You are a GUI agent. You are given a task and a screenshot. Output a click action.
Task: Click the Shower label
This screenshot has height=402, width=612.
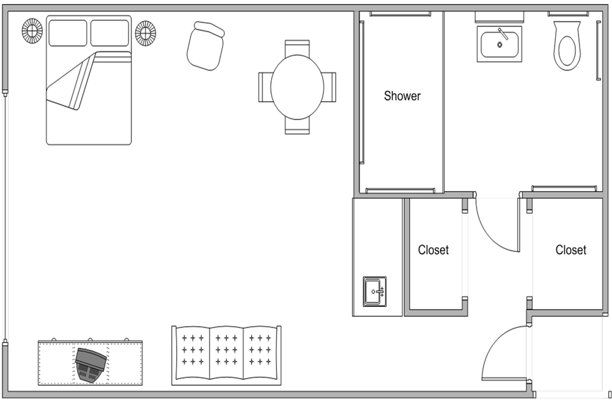[403, 96]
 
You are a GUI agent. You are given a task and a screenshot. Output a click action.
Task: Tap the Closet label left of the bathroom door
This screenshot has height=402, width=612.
[433, 250]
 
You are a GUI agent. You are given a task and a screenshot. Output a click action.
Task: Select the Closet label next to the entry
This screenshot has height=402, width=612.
[570, 250]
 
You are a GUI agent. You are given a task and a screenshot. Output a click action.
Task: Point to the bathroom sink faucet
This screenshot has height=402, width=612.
[502, 34]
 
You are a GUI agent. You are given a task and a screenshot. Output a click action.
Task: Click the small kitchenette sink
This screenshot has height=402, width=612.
[375, 292]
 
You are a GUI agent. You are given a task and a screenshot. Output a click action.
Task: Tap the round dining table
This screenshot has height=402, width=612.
[297, 87]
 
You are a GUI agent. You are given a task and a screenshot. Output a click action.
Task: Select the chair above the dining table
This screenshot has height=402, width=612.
[297, 47]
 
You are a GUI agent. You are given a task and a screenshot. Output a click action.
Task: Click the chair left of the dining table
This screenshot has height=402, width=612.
[265, 87]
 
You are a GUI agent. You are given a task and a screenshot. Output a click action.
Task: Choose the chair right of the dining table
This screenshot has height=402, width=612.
[329, 87]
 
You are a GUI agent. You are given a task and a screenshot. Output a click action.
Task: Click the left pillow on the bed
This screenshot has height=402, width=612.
[68, 33]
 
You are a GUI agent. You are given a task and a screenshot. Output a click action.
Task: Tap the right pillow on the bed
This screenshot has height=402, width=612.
[110, 33]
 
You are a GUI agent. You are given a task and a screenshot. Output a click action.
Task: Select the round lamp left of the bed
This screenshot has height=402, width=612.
[32, 31]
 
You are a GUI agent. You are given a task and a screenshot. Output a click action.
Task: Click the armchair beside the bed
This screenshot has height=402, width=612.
[205, 46]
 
